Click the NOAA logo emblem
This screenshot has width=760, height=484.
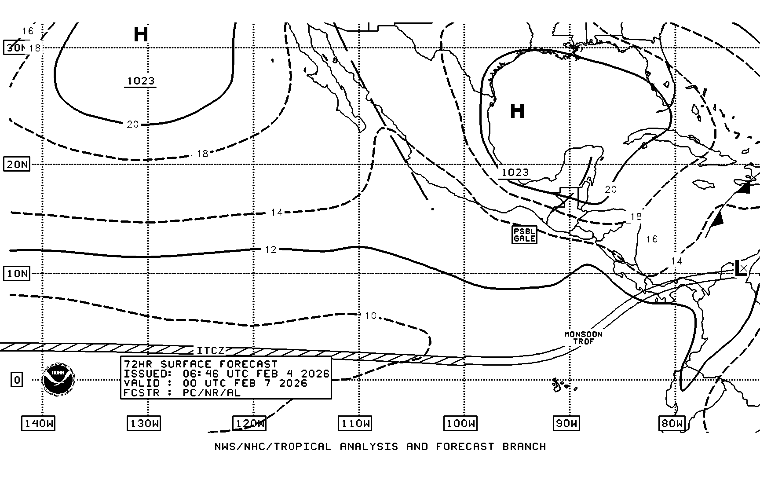click(59, 379)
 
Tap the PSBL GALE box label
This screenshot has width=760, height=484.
click(524, 235)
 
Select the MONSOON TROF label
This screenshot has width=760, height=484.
click(583, 337)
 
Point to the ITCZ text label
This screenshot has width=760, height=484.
click(211, 351)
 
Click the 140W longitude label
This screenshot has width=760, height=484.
click(39, 424)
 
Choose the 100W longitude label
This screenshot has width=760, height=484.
click(460, 424)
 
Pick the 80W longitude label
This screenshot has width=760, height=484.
click(672, 424)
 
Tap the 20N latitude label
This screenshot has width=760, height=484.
click(17, 165)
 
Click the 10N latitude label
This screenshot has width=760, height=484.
click(17, 274)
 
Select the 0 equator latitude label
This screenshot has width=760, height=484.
click(17, 380)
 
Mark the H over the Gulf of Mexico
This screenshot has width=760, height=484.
click(517, 111)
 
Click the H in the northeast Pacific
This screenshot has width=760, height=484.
click(141, 35)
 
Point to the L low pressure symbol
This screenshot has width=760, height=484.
click(740, 268)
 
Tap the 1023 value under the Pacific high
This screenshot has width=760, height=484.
click(141, 81)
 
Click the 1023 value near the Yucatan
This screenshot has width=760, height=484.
click(515, 172)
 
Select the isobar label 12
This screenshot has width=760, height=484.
click(270, 249)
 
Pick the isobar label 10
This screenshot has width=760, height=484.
click(371, 315)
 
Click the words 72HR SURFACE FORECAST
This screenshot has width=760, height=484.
click(201, 364)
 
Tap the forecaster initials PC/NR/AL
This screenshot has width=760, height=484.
click(212, 393)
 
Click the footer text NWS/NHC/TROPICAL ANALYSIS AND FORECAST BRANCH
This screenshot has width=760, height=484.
click(380, 447)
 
